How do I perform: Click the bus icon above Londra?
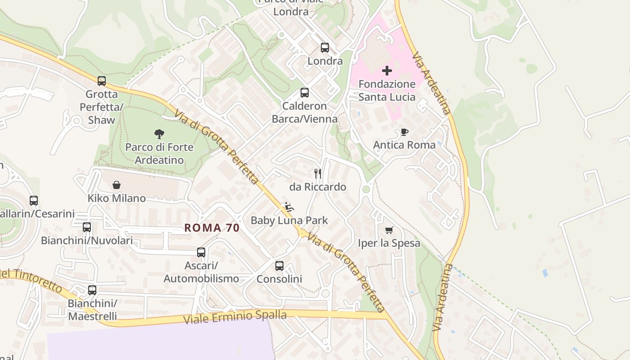(325, 48)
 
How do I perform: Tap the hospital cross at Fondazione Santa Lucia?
(387, 71)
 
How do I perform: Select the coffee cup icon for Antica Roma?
(404, 132)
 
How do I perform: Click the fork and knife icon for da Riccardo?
(318, 174)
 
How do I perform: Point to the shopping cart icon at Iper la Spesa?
(389, 230)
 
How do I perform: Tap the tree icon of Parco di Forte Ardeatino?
(159, 134)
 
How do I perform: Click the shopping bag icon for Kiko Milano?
(117, 185)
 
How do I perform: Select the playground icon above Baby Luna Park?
(289, 207)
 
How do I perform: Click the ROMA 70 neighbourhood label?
(212, 228)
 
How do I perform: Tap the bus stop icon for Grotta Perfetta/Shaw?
(102, 81)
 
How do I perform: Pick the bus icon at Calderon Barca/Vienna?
(305, 93)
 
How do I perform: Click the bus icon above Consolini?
(279, 265)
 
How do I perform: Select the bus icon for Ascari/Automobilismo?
(201, 252)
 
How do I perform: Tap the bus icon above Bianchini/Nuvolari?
(87, 227)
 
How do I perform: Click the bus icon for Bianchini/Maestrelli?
(92, 290)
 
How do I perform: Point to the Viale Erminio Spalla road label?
(235, 317)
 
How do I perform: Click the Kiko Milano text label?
(117, 198)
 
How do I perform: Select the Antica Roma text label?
(404, 145)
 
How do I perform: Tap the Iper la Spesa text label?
(389, 243)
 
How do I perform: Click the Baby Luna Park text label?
(289, 220)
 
